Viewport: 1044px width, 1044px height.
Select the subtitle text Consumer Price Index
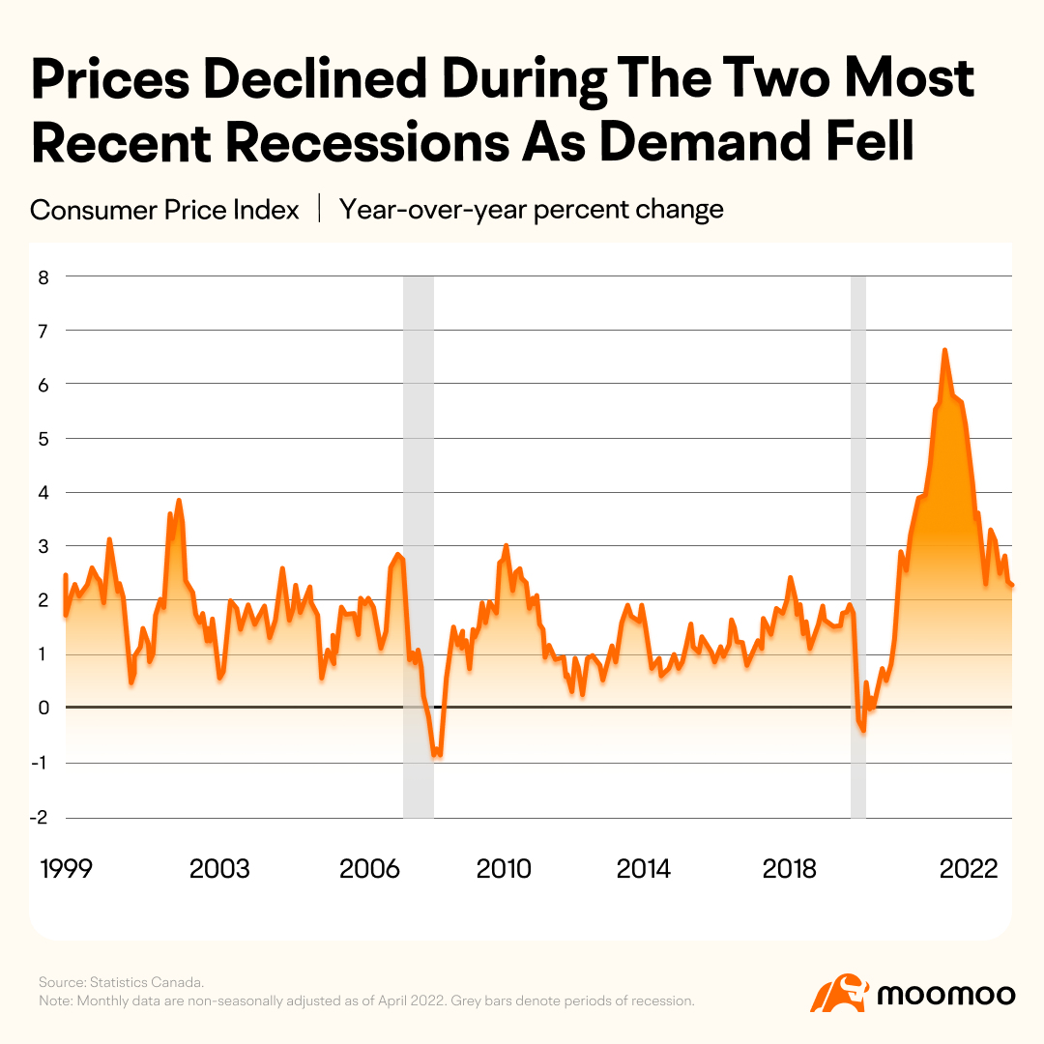[164, 210]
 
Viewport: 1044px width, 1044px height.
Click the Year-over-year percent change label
[532, 210]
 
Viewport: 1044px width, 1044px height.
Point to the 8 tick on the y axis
[43, 277]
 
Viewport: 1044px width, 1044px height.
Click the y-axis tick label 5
[43, 440]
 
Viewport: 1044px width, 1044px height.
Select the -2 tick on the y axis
[40, 818]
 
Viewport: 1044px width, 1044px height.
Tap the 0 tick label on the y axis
[43, 708]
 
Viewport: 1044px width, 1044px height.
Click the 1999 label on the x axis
[66, 869]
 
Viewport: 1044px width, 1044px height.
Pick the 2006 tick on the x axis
[369, 869]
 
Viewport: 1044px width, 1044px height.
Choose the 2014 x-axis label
[643, 869]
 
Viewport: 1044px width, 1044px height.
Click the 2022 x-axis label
[969, 869]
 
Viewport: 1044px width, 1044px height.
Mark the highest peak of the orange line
[944, 350]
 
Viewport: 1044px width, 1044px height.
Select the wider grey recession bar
[419, 547]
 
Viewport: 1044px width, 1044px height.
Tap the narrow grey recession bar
[858, 547]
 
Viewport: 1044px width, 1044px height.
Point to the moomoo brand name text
[946, 996]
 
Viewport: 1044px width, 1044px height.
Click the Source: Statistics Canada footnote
[121, 982]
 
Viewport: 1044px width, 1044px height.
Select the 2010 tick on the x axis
[504, 869]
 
